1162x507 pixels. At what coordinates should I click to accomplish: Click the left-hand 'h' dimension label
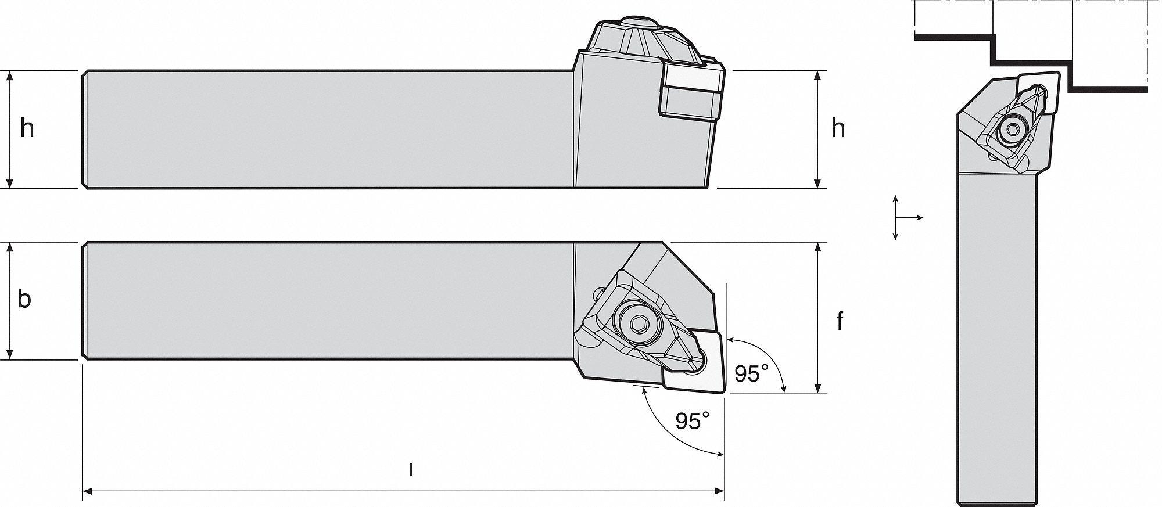coord(27,129)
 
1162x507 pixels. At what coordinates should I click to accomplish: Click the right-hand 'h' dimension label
coord(838,129)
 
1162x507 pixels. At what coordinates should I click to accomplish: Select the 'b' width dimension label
coord(24,299)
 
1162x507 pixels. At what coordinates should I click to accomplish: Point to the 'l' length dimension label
coord(411,470)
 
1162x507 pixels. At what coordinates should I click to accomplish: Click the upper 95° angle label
coord(750,375)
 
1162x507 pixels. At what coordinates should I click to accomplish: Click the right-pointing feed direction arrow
coord(919,218)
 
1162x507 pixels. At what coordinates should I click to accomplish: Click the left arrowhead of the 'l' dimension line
coord(87,493)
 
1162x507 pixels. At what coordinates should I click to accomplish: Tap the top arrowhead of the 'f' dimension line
coord(818,247)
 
